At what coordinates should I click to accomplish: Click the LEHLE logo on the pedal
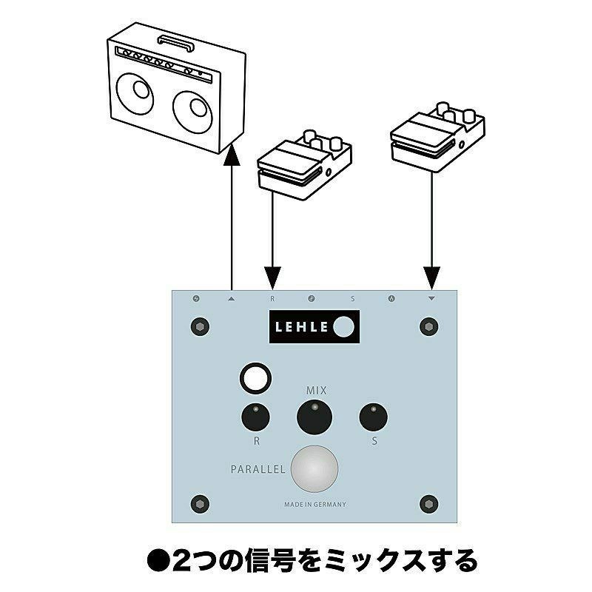click(x=314, y=326)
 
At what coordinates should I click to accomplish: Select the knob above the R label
click(x=255, y=418)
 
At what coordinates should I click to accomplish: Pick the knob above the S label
click(x=373, y=418)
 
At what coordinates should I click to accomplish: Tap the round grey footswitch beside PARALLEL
click(x=314, y=469)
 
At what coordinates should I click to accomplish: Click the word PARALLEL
click(x=257, y=469)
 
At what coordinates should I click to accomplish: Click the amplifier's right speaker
click(x=194, y=112)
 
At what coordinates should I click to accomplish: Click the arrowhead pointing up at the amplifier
click(x=232, y=147)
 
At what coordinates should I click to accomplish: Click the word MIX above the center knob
click(x=316, y=389)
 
